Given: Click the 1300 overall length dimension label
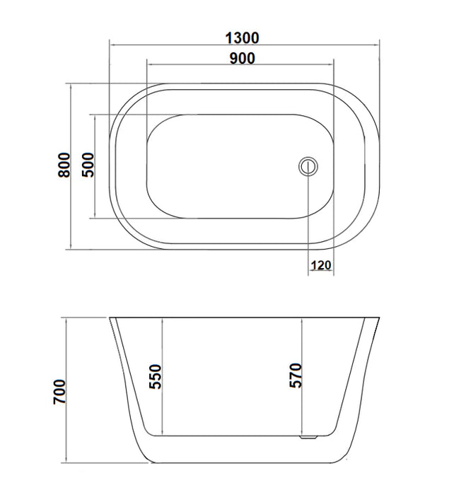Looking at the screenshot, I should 243,37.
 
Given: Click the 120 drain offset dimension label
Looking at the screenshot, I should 321,265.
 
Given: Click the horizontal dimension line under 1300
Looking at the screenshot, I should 244,44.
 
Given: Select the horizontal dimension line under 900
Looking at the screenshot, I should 239,66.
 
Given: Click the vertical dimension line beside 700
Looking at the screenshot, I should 66,391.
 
